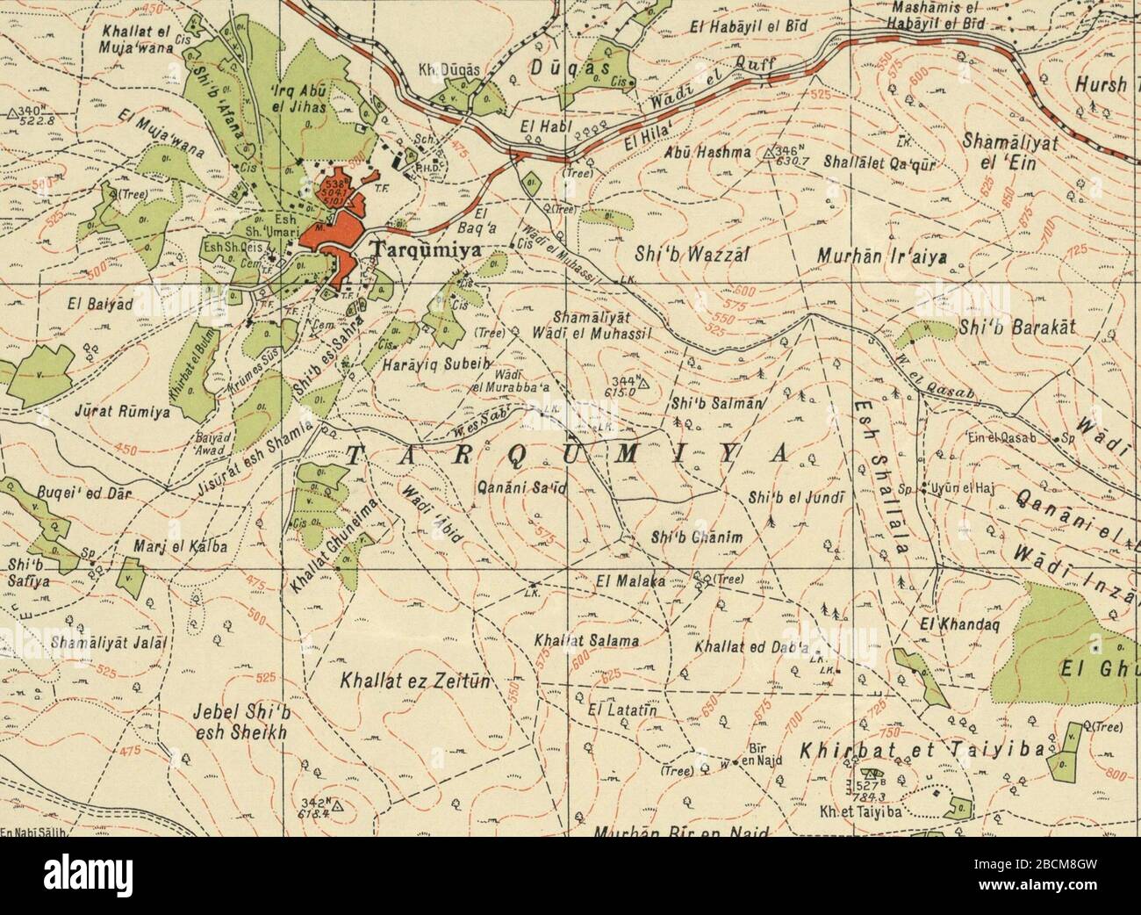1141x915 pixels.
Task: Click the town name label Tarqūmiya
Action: point(428,249)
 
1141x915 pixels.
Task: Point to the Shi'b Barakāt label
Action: point(1017,328)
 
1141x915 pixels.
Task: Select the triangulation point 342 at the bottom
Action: point(334,803)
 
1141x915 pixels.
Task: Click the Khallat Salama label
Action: point(585,641)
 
